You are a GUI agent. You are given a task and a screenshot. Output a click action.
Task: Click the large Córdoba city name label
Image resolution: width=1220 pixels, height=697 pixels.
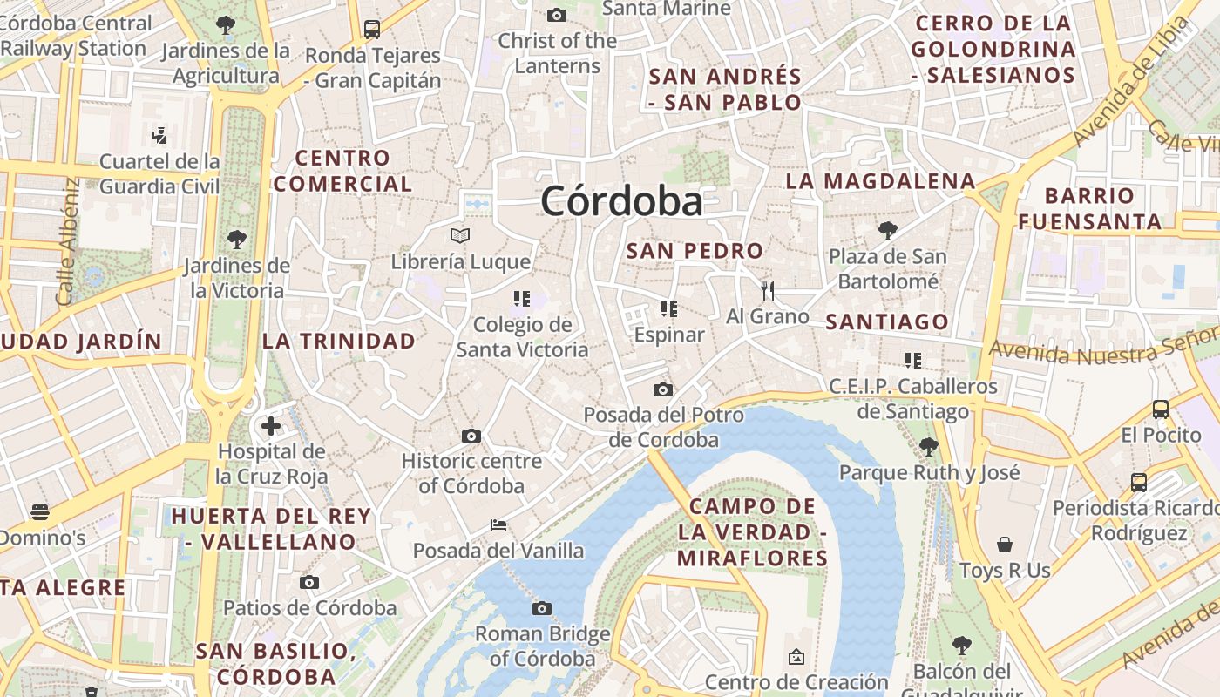pos(621,201)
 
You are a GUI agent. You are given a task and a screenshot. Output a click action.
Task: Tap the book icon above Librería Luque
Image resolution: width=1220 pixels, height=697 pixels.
pos(460,235)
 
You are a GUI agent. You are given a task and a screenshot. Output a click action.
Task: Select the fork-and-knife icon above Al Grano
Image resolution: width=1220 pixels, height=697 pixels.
pos(767,290)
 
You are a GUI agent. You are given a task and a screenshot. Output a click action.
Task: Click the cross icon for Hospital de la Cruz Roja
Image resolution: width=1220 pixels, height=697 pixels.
pos(271,426)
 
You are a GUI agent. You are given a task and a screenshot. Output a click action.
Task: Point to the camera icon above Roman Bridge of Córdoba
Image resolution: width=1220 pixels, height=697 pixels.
pos(542,608)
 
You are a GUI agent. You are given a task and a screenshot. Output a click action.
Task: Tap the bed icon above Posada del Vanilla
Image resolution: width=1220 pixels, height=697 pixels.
pos(498,524)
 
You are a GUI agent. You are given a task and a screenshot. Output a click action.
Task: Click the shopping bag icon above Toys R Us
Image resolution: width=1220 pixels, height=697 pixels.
pos(1005,545)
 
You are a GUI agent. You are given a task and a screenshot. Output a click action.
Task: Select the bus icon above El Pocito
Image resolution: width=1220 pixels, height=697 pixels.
pos(1160,409)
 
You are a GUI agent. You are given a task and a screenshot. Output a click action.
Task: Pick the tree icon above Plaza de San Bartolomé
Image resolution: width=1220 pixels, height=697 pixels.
pos(887,231)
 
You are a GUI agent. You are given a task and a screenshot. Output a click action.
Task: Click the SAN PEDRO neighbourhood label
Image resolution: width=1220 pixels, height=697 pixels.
pos(695,251)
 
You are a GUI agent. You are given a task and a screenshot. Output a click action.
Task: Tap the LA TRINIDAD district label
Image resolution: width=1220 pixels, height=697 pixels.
pos(339,341)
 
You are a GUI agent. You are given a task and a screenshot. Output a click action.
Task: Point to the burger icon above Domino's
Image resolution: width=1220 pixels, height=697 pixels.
pos(40,511)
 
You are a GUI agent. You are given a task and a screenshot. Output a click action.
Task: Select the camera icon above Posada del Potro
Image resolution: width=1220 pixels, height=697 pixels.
pos(663,389)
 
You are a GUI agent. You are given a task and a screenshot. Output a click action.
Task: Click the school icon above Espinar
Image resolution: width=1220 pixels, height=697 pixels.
pos(668,308)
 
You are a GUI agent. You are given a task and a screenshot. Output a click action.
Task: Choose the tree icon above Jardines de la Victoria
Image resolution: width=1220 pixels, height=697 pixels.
pos(236,239)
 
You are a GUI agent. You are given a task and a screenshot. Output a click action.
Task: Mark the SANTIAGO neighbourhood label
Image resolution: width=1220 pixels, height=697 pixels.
pos(886,321)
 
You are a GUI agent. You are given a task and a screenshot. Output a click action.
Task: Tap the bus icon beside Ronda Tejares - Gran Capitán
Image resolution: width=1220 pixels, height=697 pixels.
pos(372,30)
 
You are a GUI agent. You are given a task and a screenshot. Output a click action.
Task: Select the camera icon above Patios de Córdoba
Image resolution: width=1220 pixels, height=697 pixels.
pos(309,582)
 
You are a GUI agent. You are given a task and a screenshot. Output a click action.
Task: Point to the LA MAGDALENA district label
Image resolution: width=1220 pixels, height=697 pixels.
pos(880,181)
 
